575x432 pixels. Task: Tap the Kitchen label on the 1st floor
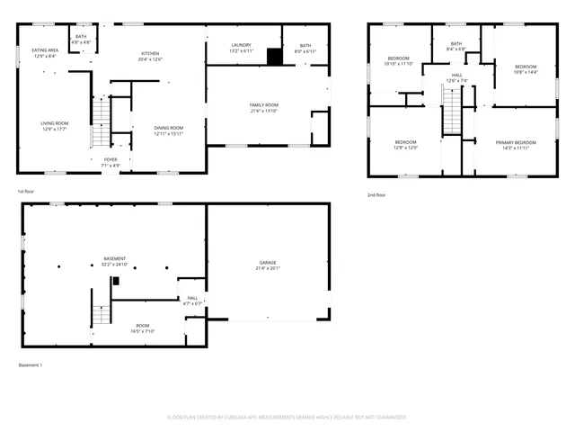pos(149,53)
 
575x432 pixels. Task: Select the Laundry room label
pos(240,45)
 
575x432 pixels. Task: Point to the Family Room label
pos(263,105)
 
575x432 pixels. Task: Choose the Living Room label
pos(56,123)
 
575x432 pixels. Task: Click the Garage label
pos(268,262)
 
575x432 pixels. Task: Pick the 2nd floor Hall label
pos(456,75)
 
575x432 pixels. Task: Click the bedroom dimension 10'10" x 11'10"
pos(397,64)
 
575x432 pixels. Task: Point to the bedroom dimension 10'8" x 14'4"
pos(525,72)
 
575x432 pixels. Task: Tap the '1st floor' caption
pos(27,192)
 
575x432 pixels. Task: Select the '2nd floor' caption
pos(376,194)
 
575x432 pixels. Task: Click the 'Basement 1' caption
pos(31,364)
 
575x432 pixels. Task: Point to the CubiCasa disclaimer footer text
pos(287,417)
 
